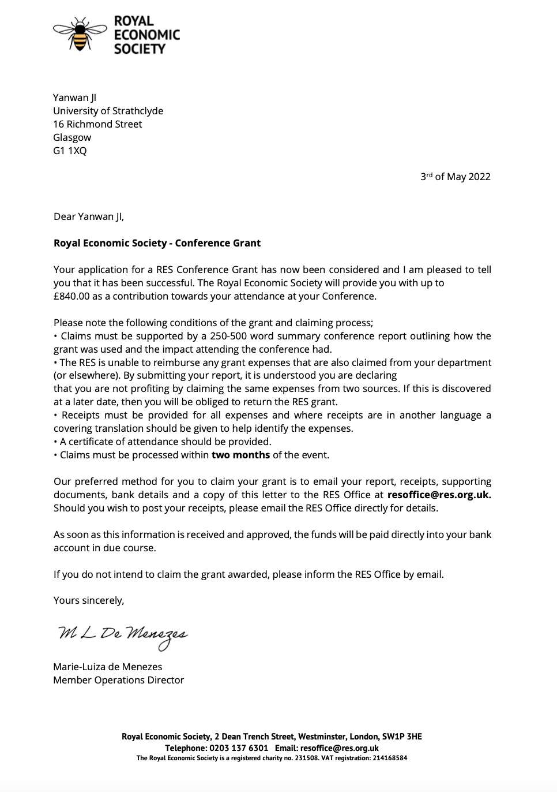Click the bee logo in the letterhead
[x=80, y=34]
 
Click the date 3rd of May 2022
[x=455, y=177]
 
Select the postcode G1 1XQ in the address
[x=70, y=151]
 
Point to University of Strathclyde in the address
[x=108, y=111]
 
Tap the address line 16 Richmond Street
[x=97, y=124]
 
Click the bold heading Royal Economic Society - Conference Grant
[x=157, y=243]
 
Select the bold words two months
[x=240, y=455]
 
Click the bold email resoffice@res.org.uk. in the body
[x=439, y=495]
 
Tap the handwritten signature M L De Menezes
[x=122, y=634]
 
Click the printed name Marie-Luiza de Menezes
[x=108, y=667]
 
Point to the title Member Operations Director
[x=118, y=680]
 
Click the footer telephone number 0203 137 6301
[x=238, y=748]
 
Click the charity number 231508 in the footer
[x=306, y=758]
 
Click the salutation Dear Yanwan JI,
[x=89, y=216]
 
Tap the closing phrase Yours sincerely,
[x=89, y=600]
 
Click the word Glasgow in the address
[x=72, y=137]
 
